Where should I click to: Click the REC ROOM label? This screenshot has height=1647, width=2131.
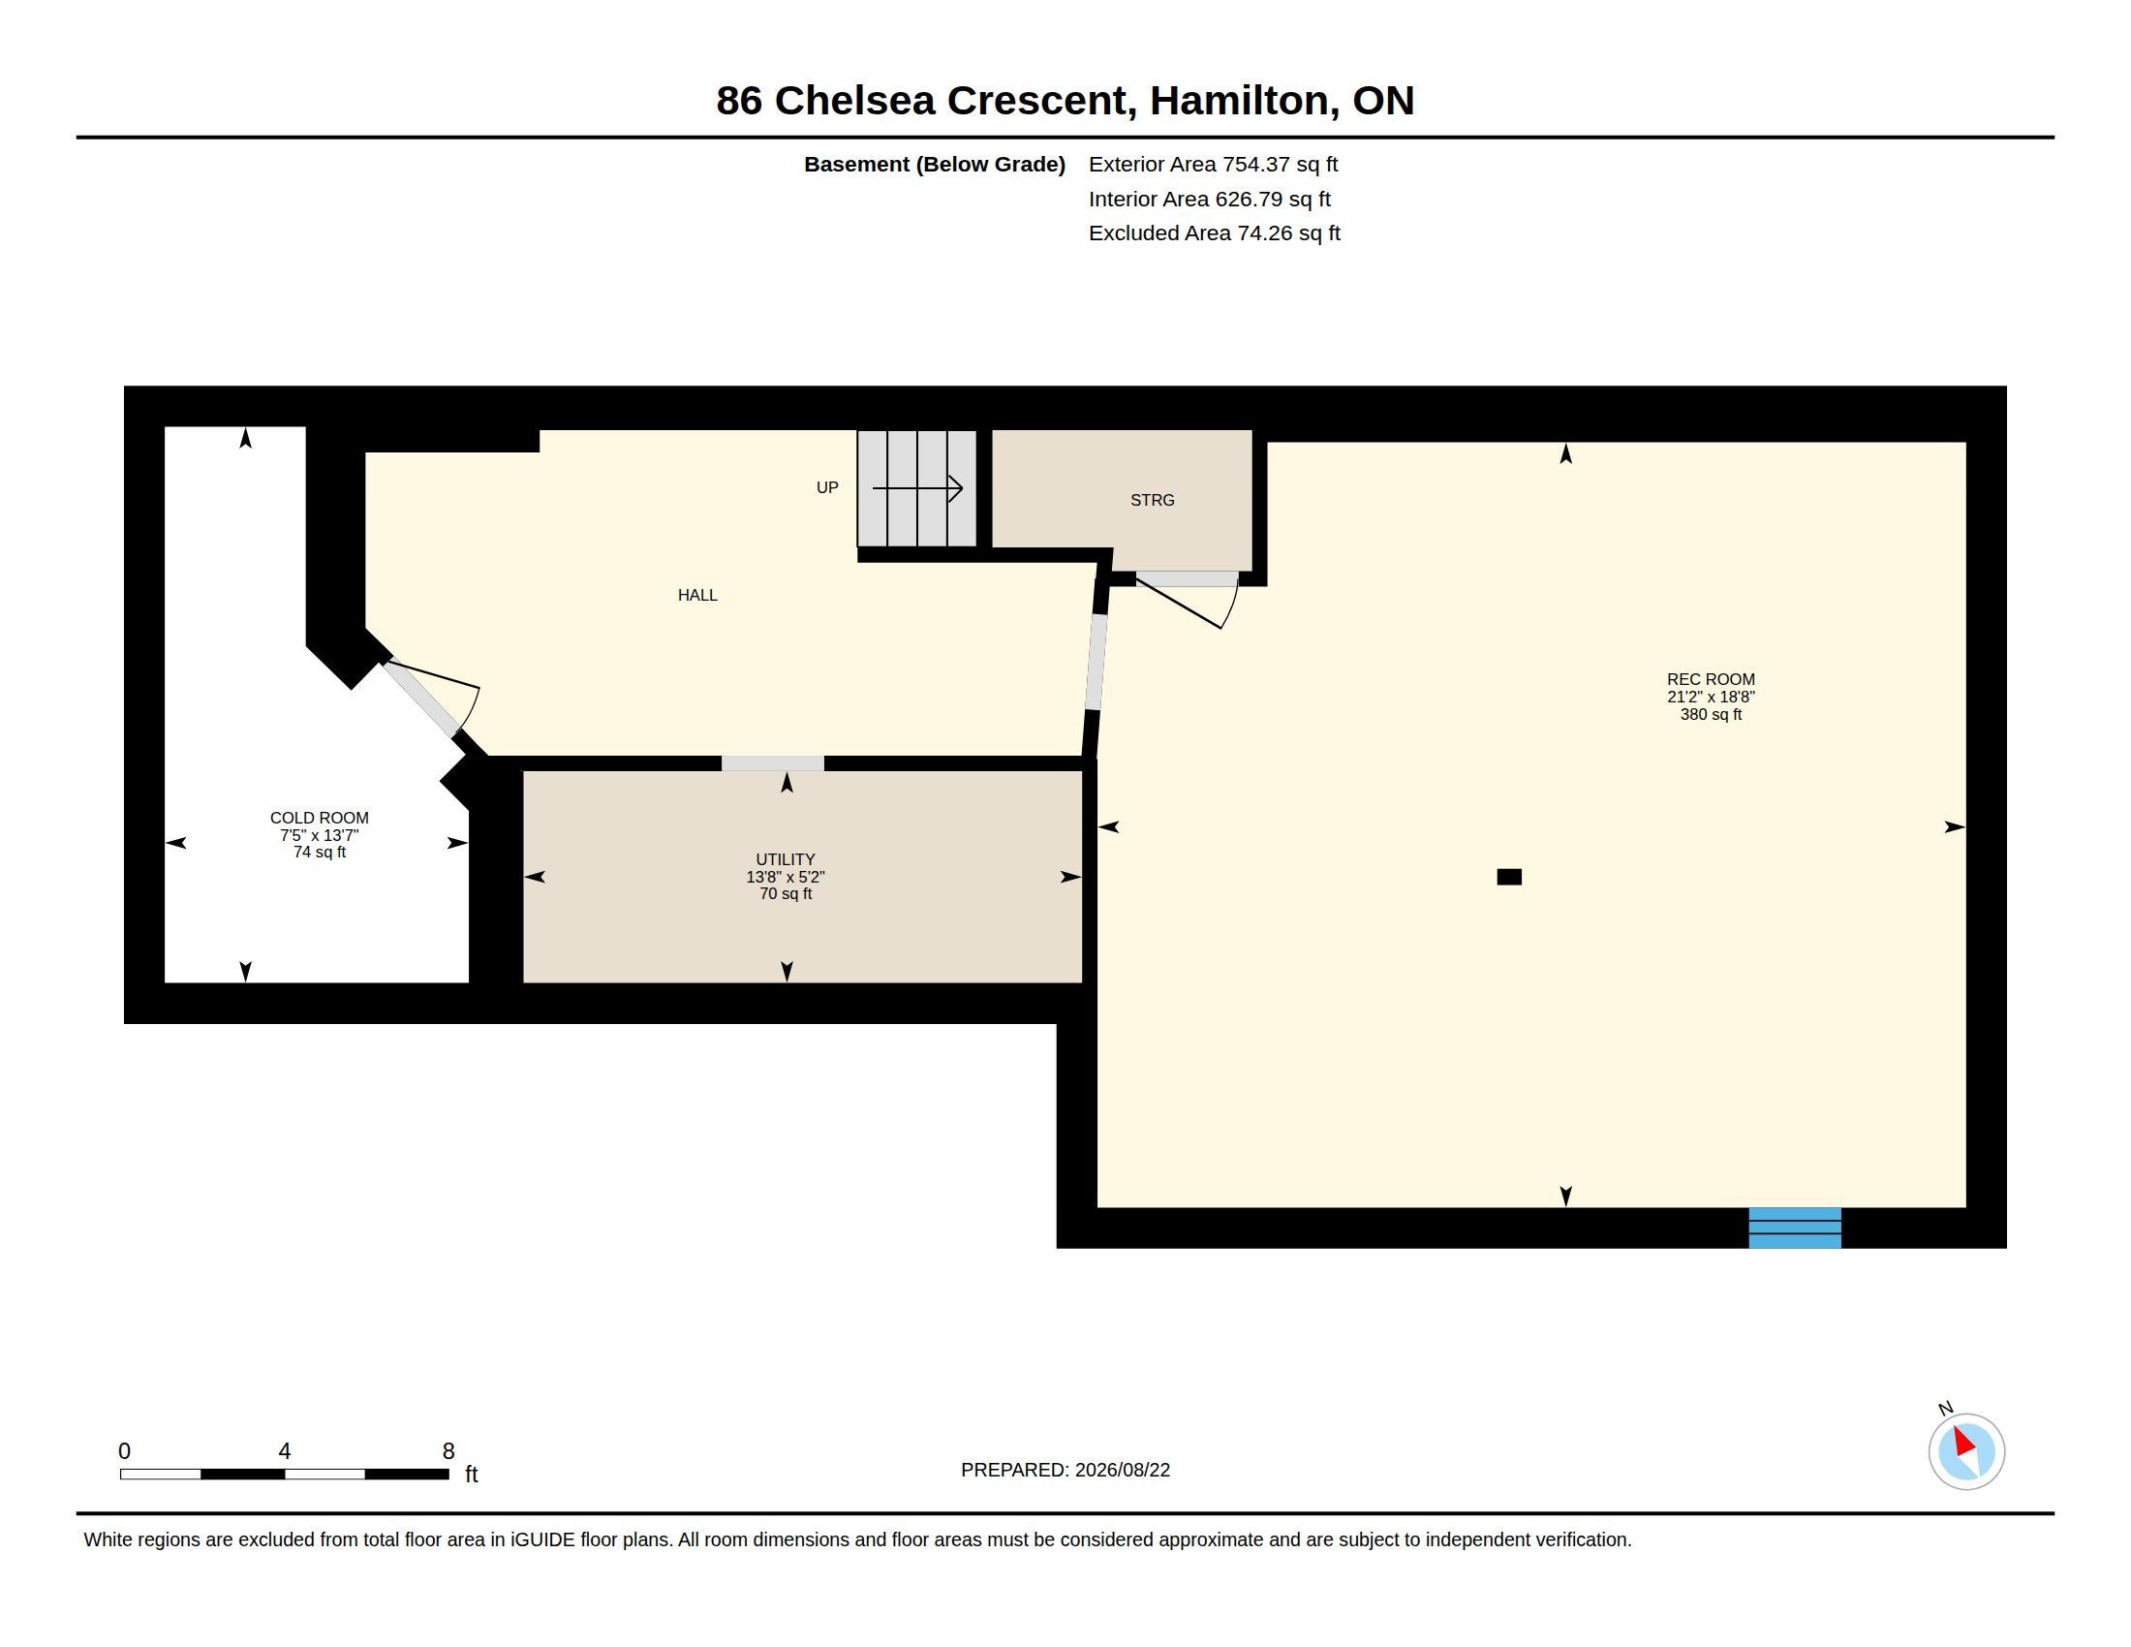pos(1711,679)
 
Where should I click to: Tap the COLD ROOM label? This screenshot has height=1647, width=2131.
pos(319,818)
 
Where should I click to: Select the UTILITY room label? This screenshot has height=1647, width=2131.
pos(786,859)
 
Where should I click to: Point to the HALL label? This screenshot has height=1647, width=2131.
pos(697,595)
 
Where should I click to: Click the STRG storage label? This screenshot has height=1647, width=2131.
pos(1153,500)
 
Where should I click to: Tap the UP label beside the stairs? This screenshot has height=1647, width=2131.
pos(827,487)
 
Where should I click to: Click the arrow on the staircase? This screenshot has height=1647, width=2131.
pos(917,488)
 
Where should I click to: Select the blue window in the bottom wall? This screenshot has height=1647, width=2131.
pos(1794,1227)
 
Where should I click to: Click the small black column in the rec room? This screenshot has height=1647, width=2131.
pos(1509,877)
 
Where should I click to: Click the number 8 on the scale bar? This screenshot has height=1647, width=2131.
pos(448,1451)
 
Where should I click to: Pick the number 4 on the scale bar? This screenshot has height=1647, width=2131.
pos(285,1451)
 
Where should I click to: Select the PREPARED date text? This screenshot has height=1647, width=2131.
pos(1065,1470)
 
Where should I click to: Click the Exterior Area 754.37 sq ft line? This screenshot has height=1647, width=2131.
pos(1213,164)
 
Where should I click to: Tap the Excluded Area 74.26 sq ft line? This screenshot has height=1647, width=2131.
pos(1214,233)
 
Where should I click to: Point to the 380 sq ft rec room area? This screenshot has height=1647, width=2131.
pos(1711,714)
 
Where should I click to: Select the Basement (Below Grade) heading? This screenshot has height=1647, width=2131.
pos(934,164)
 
